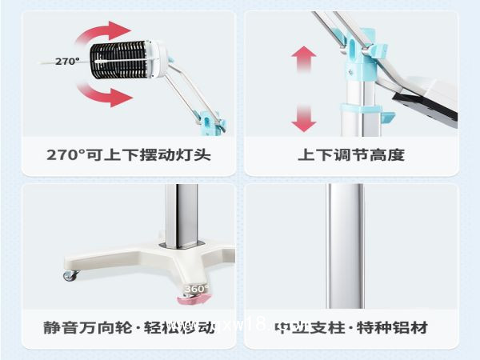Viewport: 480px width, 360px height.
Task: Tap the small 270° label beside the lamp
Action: point(66,61)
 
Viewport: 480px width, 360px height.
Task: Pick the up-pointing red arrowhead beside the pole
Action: point(304,55)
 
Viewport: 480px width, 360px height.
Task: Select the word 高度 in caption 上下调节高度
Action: point(387,154)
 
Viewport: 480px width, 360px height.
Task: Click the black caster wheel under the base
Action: point(71,275)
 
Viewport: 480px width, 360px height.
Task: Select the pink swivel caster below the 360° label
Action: point(196,300)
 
